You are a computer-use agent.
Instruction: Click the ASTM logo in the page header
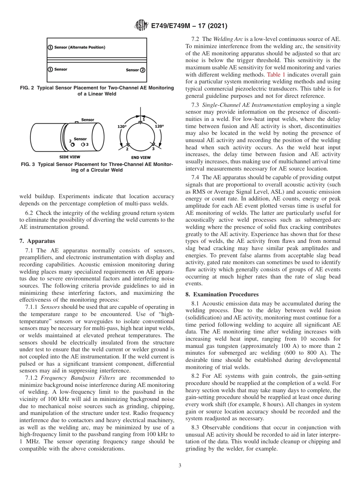coord(140,26)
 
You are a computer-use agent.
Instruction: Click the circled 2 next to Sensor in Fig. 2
coord(142,70)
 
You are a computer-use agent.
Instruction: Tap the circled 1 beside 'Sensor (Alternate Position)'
coord(50,47)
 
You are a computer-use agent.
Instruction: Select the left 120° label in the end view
coord(122,127)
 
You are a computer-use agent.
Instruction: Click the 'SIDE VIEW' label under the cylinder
coord(70,157)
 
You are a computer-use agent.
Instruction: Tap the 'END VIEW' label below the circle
coord(141,158)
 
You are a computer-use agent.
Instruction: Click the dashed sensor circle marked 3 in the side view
coord(83,144)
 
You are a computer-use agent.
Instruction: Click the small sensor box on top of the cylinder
coord(76,122)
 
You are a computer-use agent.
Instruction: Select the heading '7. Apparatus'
coord(37,241)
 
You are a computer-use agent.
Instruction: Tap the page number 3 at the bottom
coord(180,466)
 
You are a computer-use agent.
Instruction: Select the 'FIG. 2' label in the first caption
coord(27,88)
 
